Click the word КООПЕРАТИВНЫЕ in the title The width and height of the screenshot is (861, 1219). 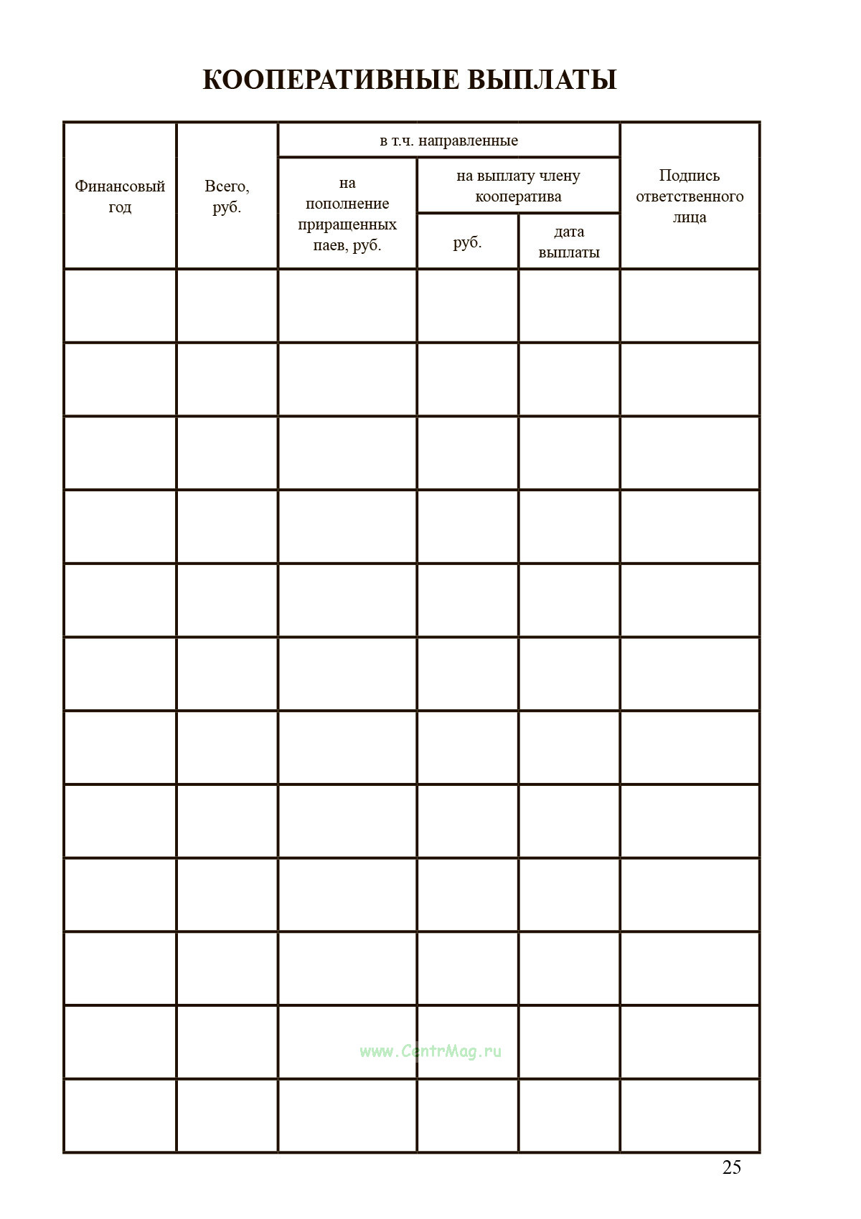coord(331,80)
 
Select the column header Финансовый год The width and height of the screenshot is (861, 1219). coord(120,196)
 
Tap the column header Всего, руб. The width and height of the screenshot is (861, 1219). coord(227,196)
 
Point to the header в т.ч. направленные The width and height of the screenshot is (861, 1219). coord(448,141)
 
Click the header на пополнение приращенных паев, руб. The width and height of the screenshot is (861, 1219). coord(347,214)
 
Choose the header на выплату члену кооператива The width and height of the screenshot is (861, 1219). coord(518,186)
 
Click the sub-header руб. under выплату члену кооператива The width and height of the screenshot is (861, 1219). coord(467,242)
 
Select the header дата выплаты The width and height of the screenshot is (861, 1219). coord(569,242)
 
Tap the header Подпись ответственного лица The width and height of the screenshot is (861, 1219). coord(690,196)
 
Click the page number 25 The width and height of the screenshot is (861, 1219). coord(731,1167)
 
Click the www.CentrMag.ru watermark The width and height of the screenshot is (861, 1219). coord(430,1051)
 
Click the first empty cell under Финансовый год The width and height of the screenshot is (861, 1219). coord(120,306)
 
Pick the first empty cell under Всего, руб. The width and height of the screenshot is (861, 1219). coord(227,306)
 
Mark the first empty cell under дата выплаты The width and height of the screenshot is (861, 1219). coord(569,306)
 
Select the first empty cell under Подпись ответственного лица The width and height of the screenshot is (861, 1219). coord(690,306)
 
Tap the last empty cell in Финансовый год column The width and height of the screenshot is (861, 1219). coord(120,1115)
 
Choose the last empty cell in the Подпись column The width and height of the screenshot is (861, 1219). coord(690,1115)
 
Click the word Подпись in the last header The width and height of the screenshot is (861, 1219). coord(690,176)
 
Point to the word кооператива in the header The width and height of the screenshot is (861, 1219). coord(518,196)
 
